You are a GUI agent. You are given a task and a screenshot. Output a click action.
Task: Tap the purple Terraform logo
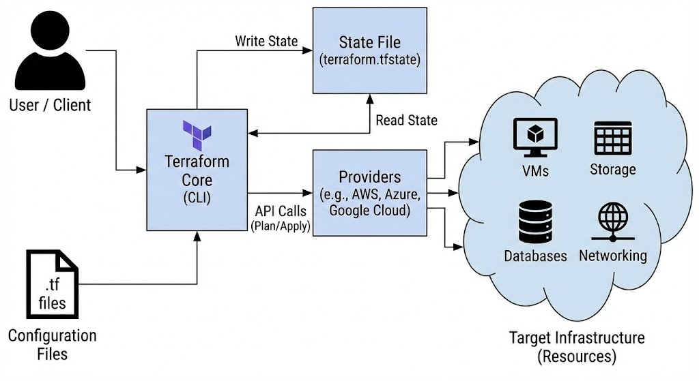pyautogui.click(x=197, y=135)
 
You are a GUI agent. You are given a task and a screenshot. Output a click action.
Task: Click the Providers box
pyautogui.click(x=369, y=193)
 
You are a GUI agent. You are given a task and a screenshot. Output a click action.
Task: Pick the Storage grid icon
pyautogui.click(x=612, y=139)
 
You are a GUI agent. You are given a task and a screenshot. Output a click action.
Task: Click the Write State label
pyautogui.click(x=266, y=41)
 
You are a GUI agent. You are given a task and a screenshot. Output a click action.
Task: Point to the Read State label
pyautogui.click(x=406, y=120)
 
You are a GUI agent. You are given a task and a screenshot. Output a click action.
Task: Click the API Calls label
pyautogui.click(x=280, y=212)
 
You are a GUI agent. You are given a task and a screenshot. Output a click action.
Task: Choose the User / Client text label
pyautogui.click(x=50, y=106)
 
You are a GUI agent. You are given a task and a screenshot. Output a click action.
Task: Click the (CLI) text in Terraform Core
pyautogui.click(x=197, y=198)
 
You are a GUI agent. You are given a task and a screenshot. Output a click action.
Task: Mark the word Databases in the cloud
pyautogui.click(x=536, y=256)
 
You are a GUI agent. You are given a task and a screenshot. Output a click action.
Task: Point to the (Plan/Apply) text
pyautogui.click(x=280, y=226)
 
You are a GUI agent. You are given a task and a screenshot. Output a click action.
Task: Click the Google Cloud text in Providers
pyautogui.click(x=369, y=211)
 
